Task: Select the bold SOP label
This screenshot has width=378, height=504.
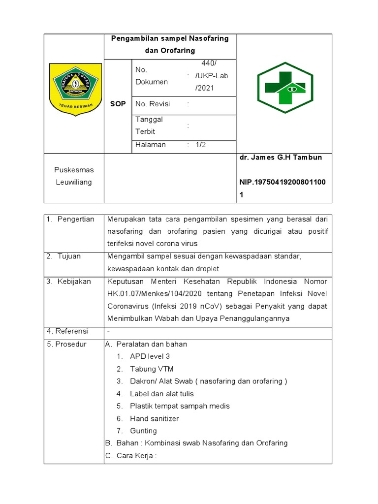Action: [x=118, y=104]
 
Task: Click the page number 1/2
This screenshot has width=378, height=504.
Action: [x=201, y=145]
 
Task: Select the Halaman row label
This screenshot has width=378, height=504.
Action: [x=151, y=145]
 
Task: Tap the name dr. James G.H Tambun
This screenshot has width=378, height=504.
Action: [x=281, y=157]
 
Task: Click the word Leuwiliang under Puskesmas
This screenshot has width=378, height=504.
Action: [x=74, y=182]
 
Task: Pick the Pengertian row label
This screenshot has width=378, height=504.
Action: [x=75, y=219]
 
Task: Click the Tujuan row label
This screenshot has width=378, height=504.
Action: [x=69, y=256]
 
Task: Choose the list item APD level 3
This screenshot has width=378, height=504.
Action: [x=150, y=356]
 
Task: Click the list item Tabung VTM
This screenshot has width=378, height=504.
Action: [x=152, y=369]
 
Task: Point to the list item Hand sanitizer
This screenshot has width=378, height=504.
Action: [x=154, y=418]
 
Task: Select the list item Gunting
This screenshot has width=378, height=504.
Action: [x=143, y=431]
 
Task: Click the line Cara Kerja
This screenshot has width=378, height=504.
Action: [x=136, y=455]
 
